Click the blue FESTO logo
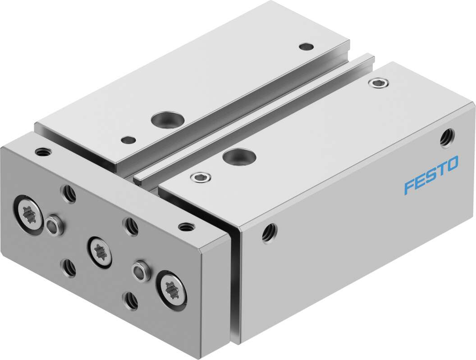431,175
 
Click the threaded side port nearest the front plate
270,232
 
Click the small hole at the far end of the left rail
307,46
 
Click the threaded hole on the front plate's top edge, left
43,151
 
